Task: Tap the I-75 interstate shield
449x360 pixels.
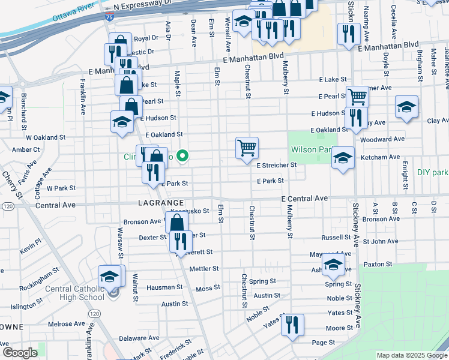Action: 109,18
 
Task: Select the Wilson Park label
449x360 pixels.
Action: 310,149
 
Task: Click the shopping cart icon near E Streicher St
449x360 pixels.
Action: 247,147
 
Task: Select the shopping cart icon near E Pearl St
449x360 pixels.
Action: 357,95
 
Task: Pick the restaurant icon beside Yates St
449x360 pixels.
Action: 292,325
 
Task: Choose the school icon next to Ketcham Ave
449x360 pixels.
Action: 343,158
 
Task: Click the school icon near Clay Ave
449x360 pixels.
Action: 406,107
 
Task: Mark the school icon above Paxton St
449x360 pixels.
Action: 333,263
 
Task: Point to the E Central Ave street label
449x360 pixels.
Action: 304,198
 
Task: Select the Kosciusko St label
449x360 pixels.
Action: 190,211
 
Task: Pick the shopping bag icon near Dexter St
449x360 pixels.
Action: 178,223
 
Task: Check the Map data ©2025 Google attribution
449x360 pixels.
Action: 411,355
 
